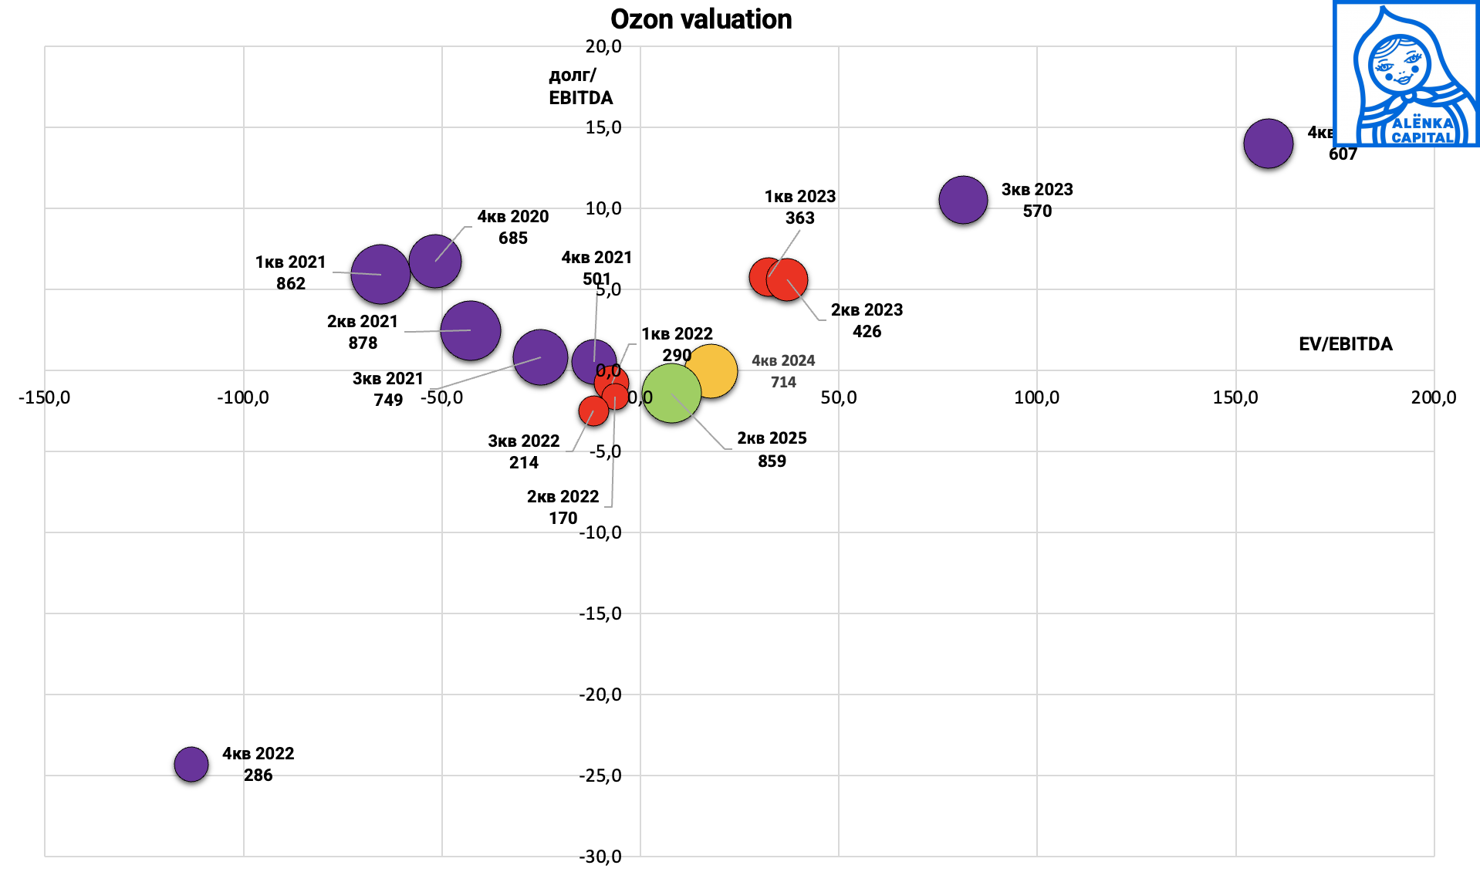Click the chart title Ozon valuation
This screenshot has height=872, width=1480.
point(701,19)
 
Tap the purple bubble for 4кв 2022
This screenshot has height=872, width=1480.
point(191,764)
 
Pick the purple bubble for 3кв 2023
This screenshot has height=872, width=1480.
point(963,200)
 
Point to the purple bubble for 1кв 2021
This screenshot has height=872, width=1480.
point(380,274)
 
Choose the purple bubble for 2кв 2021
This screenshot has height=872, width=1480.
point(471,330)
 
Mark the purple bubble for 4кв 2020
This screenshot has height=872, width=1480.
point(435,262)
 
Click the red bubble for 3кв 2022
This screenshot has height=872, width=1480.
point(593,411)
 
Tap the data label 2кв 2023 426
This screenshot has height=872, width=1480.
point(867,320)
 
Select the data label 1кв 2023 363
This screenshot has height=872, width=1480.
point(800,207)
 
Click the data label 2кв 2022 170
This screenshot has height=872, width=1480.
point(563,507)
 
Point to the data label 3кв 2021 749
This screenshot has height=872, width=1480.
point(388,389)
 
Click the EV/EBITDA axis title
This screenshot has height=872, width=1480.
point(1345,344)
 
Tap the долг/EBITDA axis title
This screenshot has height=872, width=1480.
point(580,86)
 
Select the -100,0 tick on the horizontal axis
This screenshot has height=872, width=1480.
point(243,397)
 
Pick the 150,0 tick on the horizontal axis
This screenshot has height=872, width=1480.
point(1235,397)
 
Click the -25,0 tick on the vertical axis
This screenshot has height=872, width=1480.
point(600,776)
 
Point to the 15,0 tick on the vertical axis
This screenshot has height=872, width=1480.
point(603,127)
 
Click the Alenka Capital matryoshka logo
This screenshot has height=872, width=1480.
point(1405,74)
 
